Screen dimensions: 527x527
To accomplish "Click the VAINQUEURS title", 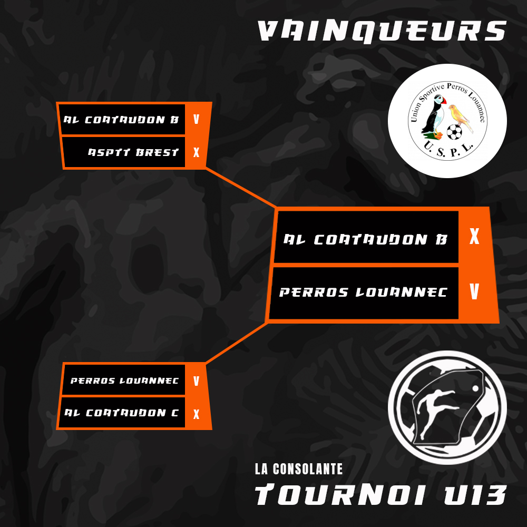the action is click(382, 31).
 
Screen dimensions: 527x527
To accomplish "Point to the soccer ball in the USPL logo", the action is click(454, 132).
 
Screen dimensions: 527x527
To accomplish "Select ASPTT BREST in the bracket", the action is click(133, 153).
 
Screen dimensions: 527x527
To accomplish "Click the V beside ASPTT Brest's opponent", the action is click(196, 119).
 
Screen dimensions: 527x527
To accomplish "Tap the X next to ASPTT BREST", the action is click(196, 153).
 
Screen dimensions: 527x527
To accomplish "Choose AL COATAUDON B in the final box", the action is click(366, 239).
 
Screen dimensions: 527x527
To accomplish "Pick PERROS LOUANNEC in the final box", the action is click(363, 292).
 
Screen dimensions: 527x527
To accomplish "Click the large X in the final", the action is click(474, 236).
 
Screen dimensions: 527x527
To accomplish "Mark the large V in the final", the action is click(474, 291).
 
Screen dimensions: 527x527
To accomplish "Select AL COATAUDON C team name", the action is click(121, 413).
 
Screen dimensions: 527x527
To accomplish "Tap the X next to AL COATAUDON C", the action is click(196, 414).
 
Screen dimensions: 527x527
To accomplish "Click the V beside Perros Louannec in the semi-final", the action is click(196, 381).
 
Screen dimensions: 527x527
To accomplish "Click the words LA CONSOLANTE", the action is click(299, 469).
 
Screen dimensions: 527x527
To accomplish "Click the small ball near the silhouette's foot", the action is click(475, 388).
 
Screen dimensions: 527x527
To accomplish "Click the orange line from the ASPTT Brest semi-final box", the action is click(241, 188).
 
